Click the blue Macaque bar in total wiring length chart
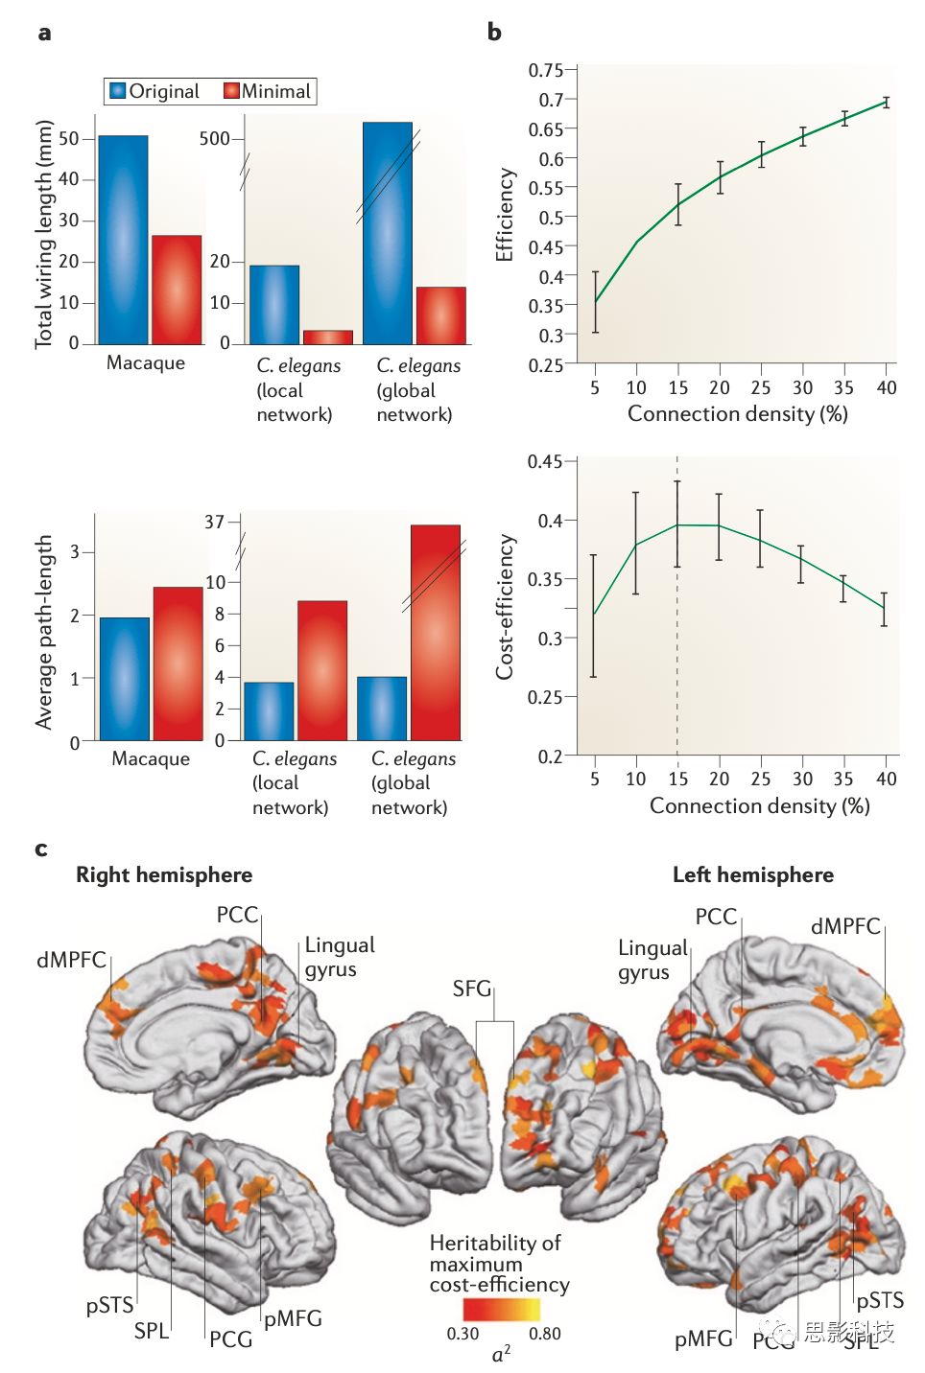(x=123, y=240)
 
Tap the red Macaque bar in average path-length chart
(x=178, y=663)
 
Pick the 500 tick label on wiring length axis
(x=214, y=139)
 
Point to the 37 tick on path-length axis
(x=214, y=523)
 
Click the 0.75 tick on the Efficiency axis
(x=545, y=70)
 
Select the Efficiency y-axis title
(x=505, y=215)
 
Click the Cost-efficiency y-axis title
(x=505, y=607)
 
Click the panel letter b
(x=494, y=32)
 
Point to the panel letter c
(x=41, y=849)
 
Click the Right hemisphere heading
(x=164, y=874)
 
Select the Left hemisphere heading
(x=752, y=874)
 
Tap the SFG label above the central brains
(x=472, y=989)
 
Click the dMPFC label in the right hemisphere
(x=71, y=960)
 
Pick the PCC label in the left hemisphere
(x=716, y=917)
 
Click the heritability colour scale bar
(x=501, y=1309)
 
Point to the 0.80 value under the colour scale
(x=545, y=1334)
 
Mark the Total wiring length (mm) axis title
(x=44, y=234)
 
